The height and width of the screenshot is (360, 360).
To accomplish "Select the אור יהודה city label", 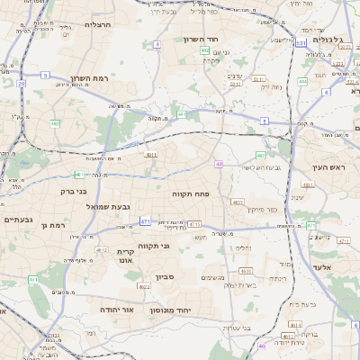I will pos(116,309).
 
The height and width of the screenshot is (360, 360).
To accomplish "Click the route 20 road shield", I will pos(21,83).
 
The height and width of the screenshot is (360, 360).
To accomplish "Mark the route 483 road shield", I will pos(261,156).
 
